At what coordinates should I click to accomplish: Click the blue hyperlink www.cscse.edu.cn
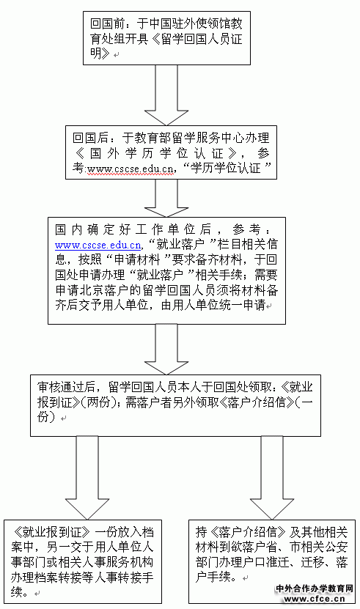(98, 245)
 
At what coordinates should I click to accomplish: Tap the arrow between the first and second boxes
(166, 95)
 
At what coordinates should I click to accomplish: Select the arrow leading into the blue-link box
(166, 198)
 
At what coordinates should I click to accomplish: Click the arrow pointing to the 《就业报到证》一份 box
(87, 478)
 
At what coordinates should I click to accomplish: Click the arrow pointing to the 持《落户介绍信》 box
(272, 478)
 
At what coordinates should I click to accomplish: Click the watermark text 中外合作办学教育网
(314, 588)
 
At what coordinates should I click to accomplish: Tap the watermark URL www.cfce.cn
(315, 599)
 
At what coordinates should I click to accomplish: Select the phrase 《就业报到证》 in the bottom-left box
(51, 532)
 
